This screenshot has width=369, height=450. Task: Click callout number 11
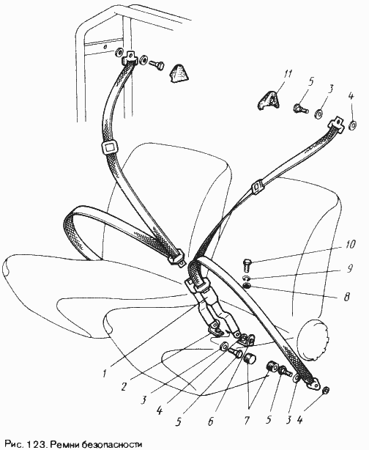[x=288, y=74]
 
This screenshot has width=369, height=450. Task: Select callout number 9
[x=350, y=268]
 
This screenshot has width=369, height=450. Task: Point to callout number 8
[x=347, y=296]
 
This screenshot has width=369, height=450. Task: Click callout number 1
[x=105, y=373]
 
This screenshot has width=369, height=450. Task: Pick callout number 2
[x=124, y=386]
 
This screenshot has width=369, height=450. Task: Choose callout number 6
[x=211, y=421]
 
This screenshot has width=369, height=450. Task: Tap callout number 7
[x=247, y=421]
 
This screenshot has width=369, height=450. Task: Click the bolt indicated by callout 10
[x=247, y=265]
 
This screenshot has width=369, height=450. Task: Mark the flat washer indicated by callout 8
[x=247, y=286]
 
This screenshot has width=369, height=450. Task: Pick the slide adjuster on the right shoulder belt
[x=258, y=187]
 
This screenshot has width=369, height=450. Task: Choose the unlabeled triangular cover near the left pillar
[x=180, y=74]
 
